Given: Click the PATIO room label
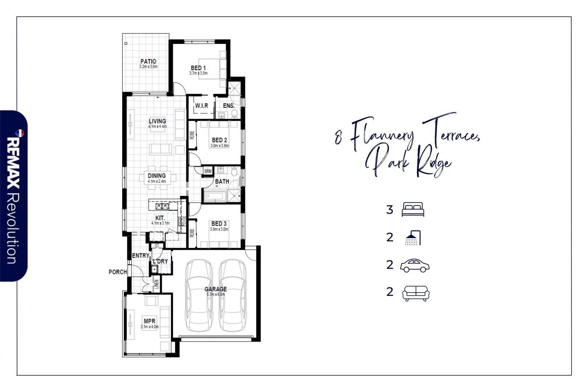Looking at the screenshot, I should [148, 62].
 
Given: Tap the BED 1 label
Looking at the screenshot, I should [198, 68].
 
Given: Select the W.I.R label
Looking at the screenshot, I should [201, 106].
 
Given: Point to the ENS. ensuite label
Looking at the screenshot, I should [228, 106].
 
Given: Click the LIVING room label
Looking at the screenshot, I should [157, 121].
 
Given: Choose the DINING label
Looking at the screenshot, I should [157, 176].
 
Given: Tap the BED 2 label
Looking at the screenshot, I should [219, 140].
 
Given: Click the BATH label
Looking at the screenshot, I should [222, 181].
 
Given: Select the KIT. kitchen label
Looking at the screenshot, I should [160, 218].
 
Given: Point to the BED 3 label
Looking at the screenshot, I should [219, 224].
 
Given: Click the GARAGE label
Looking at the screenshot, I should [216, 289].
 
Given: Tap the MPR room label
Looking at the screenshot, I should [150, 321].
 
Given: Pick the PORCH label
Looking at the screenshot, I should [118, 272].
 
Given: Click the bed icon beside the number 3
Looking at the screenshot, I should [413, 210].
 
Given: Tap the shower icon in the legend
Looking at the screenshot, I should [413, 238].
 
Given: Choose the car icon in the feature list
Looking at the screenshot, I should [415, 266].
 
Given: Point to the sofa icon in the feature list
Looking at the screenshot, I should [416, 293].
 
